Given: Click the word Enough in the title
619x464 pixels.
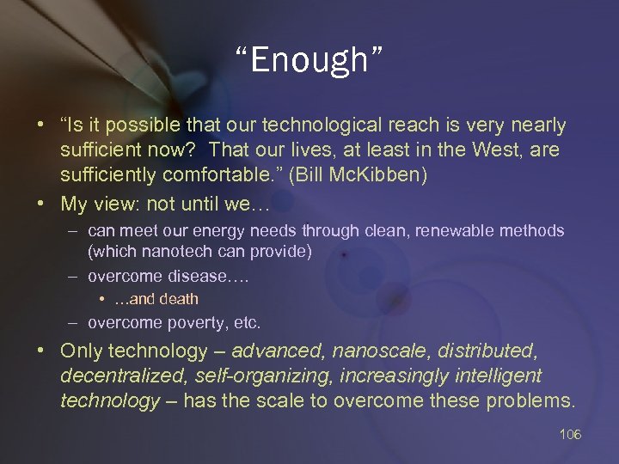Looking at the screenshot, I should (x=309, y=62).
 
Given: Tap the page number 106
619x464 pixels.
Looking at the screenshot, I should (x=570, y=434).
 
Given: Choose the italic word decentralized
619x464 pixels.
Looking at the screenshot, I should (x=120, y=375).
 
